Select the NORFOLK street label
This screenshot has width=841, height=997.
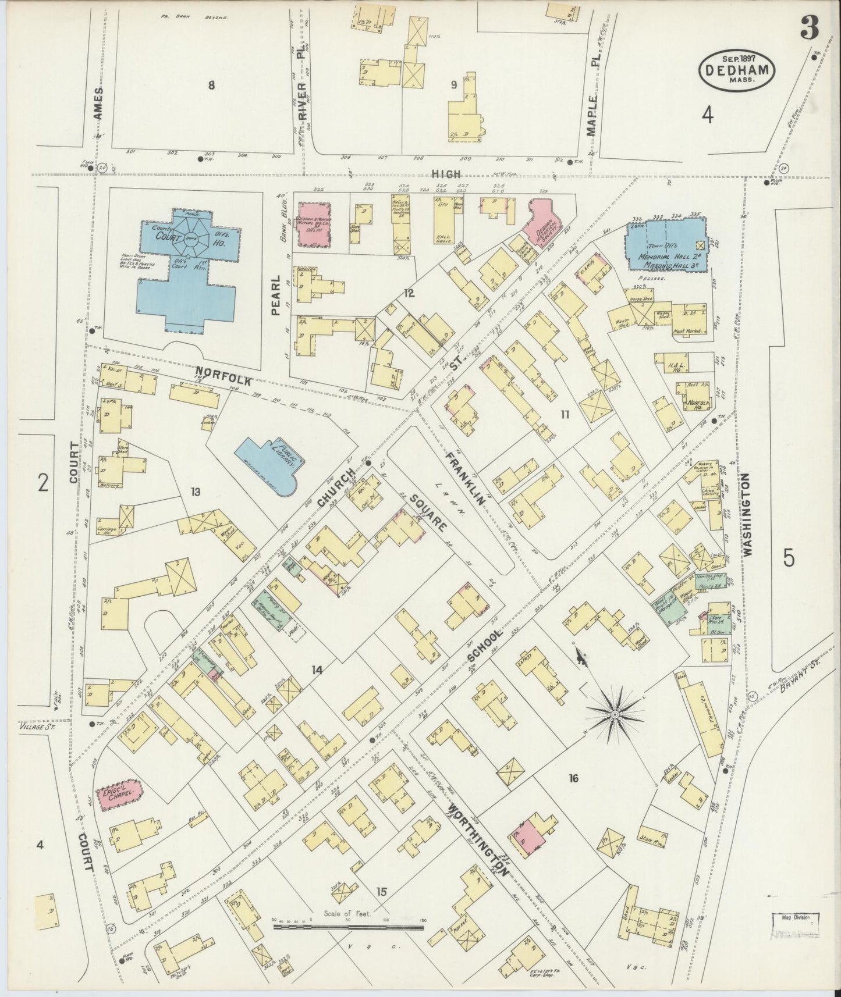(223, 376)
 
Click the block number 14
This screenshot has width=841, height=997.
(316, 670)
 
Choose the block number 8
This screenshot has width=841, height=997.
(211, 86)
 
